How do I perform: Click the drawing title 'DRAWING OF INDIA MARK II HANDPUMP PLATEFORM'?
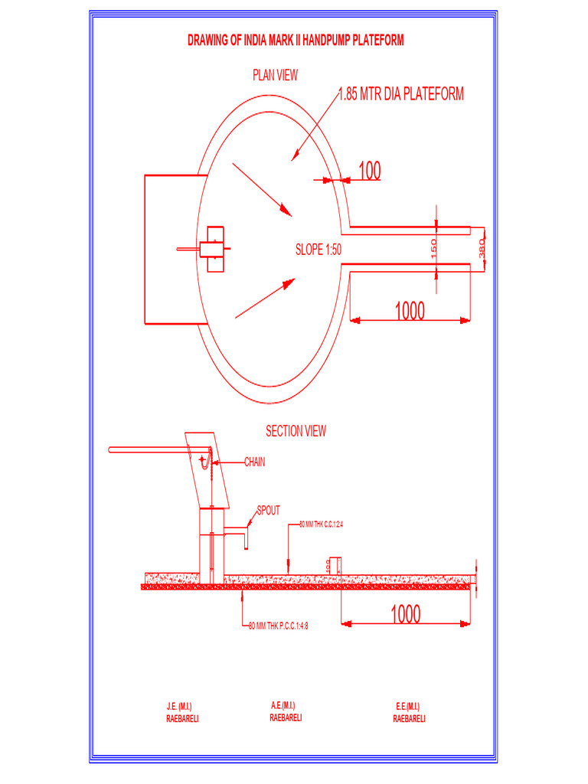(296, 41)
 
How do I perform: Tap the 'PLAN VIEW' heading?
(276, 75)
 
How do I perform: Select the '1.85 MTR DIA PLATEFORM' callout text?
(401, 94)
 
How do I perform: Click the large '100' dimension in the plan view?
(369, 171)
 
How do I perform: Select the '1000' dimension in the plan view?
(410, 311)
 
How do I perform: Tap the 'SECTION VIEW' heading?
(296, 431)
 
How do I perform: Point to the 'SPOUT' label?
(268, 511)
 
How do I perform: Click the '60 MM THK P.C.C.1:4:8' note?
(283, 626)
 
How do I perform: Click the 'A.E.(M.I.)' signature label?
(283, 705)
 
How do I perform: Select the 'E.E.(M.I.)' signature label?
(408, 706)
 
